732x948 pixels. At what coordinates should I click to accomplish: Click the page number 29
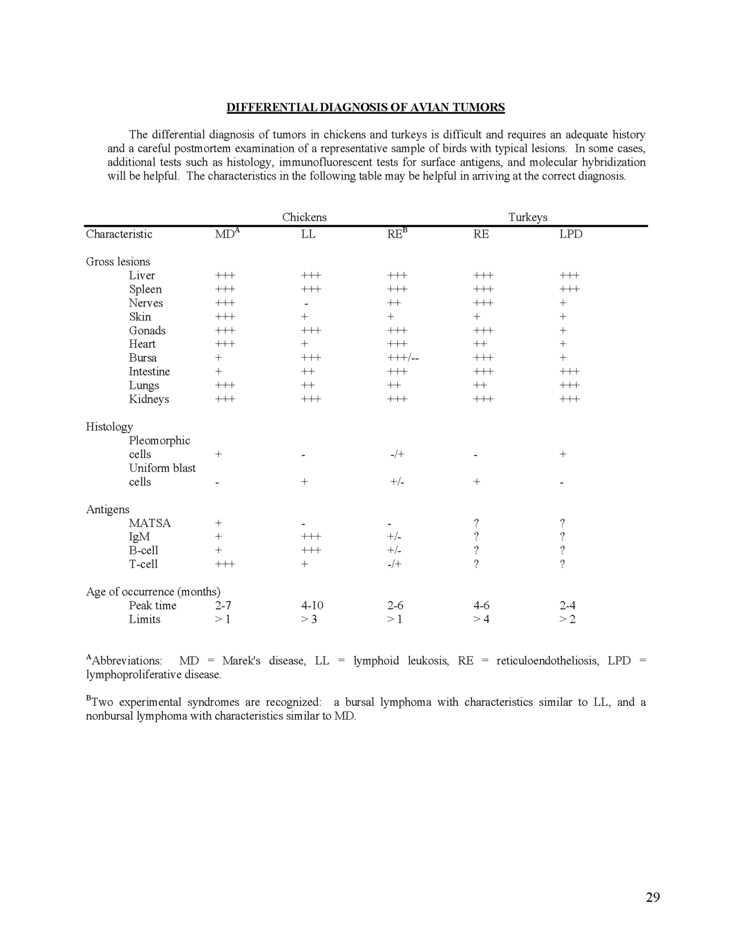652,897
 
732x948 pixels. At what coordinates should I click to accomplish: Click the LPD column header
570,234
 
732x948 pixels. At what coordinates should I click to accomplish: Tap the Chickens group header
304,217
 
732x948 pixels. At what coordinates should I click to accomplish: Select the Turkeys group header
527,217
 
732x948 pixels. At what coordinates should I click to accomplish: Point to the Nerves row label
145,303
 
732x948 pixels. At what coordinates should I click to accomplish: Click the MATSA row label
150,523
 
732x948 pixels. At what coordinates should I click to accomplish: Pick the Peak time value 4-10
312,605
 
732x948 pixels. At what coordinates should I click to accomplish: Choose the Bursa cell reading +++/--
403,358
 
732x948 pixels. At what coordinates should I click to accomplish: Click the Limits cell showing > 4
481,619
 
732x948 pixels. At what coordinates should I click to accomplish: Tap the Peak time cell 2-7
223,605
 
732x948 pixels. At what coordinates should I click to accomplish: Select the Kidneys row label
148,399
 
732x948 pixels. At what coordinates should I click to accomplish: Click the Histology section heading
109,427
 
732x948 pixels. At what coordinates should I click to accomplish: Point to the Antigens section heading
107,509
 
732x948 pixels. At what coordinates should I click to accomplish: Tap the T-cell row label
143,564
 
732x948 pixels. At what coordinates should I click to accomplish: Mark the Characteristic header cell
119,234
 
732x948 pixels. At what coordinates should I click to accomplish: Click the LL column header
308,234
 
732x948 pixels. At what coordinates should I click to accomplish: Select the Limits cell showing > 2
567,619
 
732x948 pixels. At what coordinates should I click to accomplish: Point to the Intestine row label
149,372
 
